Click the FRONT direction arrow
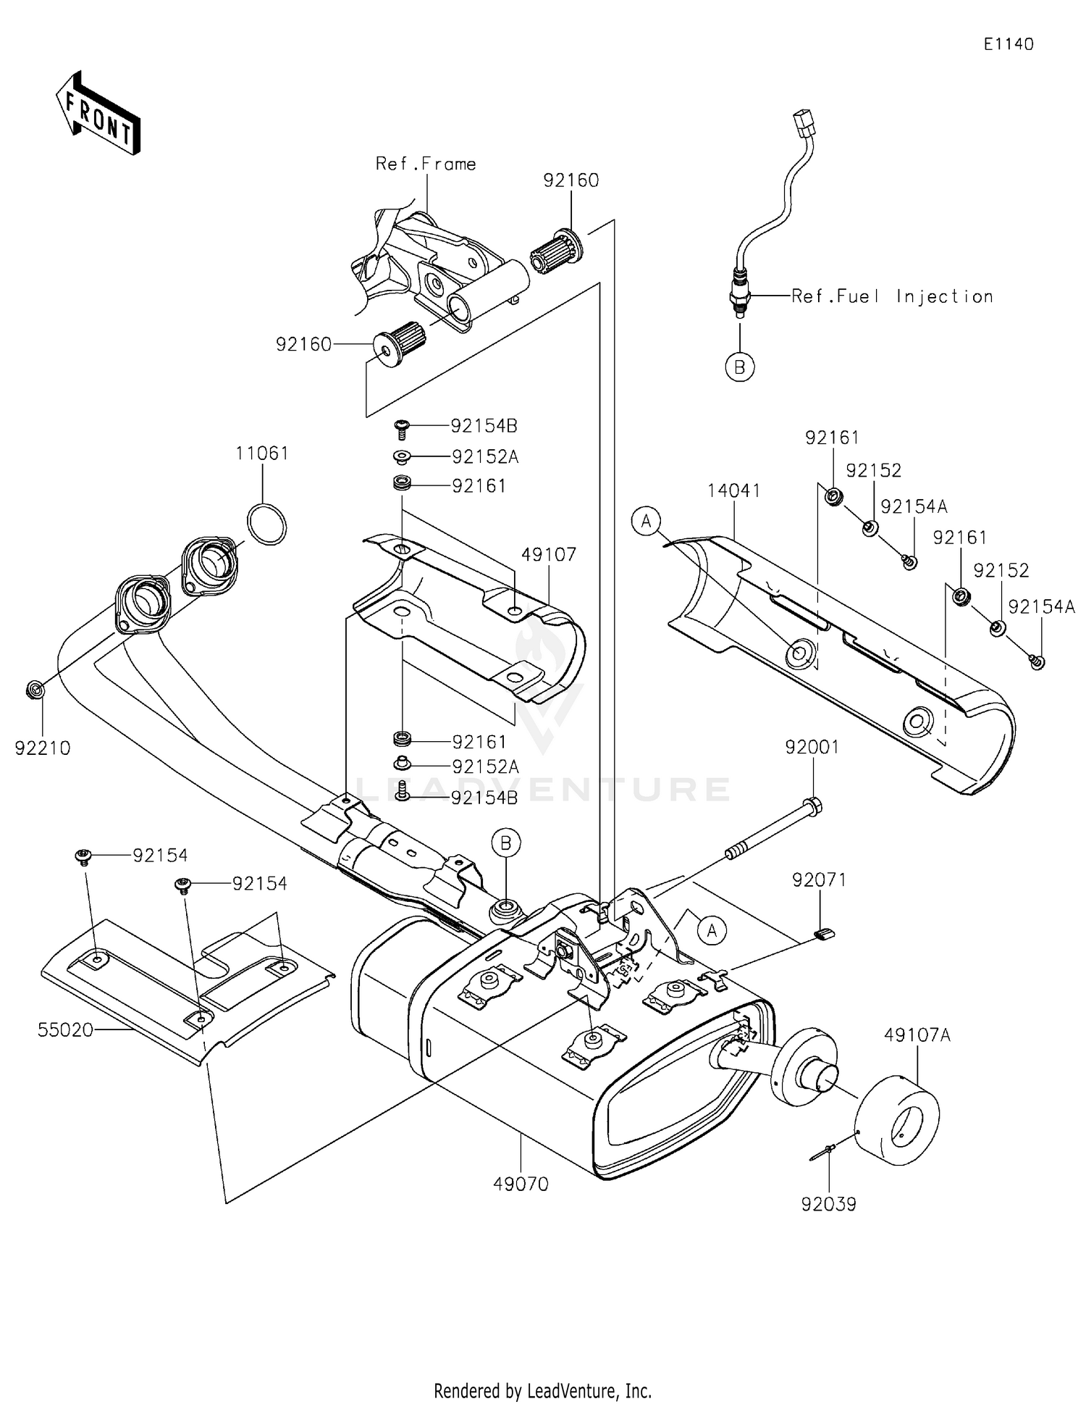tap(98, 114)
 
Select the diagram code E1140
tap(1008, 44)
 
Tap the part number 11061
tap(261, 454)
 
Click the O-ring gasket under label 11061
tap(266, 525)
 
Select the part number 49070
tap(521, 1184)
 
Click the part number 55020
tap(65, 1029)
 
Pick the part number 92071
tap(819, 880)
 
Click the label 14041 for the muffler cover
tap(733, 491)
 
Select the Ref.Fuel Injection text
tap(892, 296)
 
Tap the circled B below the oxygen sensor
tap(739, 367)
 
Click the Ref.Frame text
tap(426, 164)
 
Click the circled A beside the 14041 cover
tap(647, 521)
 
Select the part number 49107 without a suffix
tap(548, 555)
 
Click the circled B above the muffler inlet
tap(506, 843)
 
